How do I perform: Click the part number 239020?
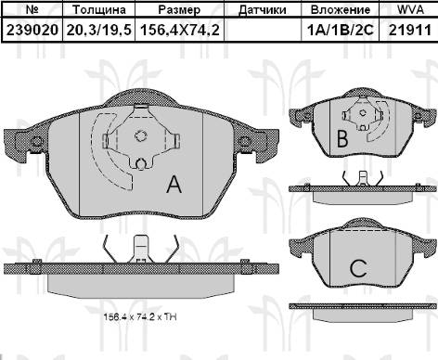32,30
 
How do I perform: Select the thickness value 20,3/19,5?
99,30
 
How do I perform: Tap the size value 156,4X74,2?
180,30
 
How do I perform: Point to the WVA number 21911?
410,30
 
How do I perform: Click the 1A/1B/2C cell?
341,30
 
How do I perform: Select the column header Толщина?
99,10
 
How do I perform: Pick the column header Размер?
179,10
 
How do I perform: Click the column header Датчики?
263,10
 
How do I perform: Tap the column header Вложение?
341,10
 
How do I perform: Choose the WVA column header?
410,9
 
